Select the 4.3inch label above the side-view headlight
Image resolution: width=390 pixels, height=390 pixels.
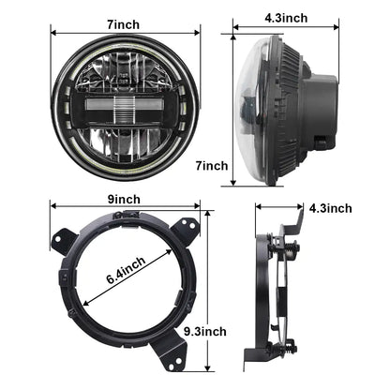coord(285,16)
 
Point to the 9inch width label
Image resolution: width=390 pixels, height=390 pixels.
coord(123,198)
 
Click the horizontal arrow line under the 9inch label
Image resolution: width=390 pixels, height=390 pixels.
coord(123,208)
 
